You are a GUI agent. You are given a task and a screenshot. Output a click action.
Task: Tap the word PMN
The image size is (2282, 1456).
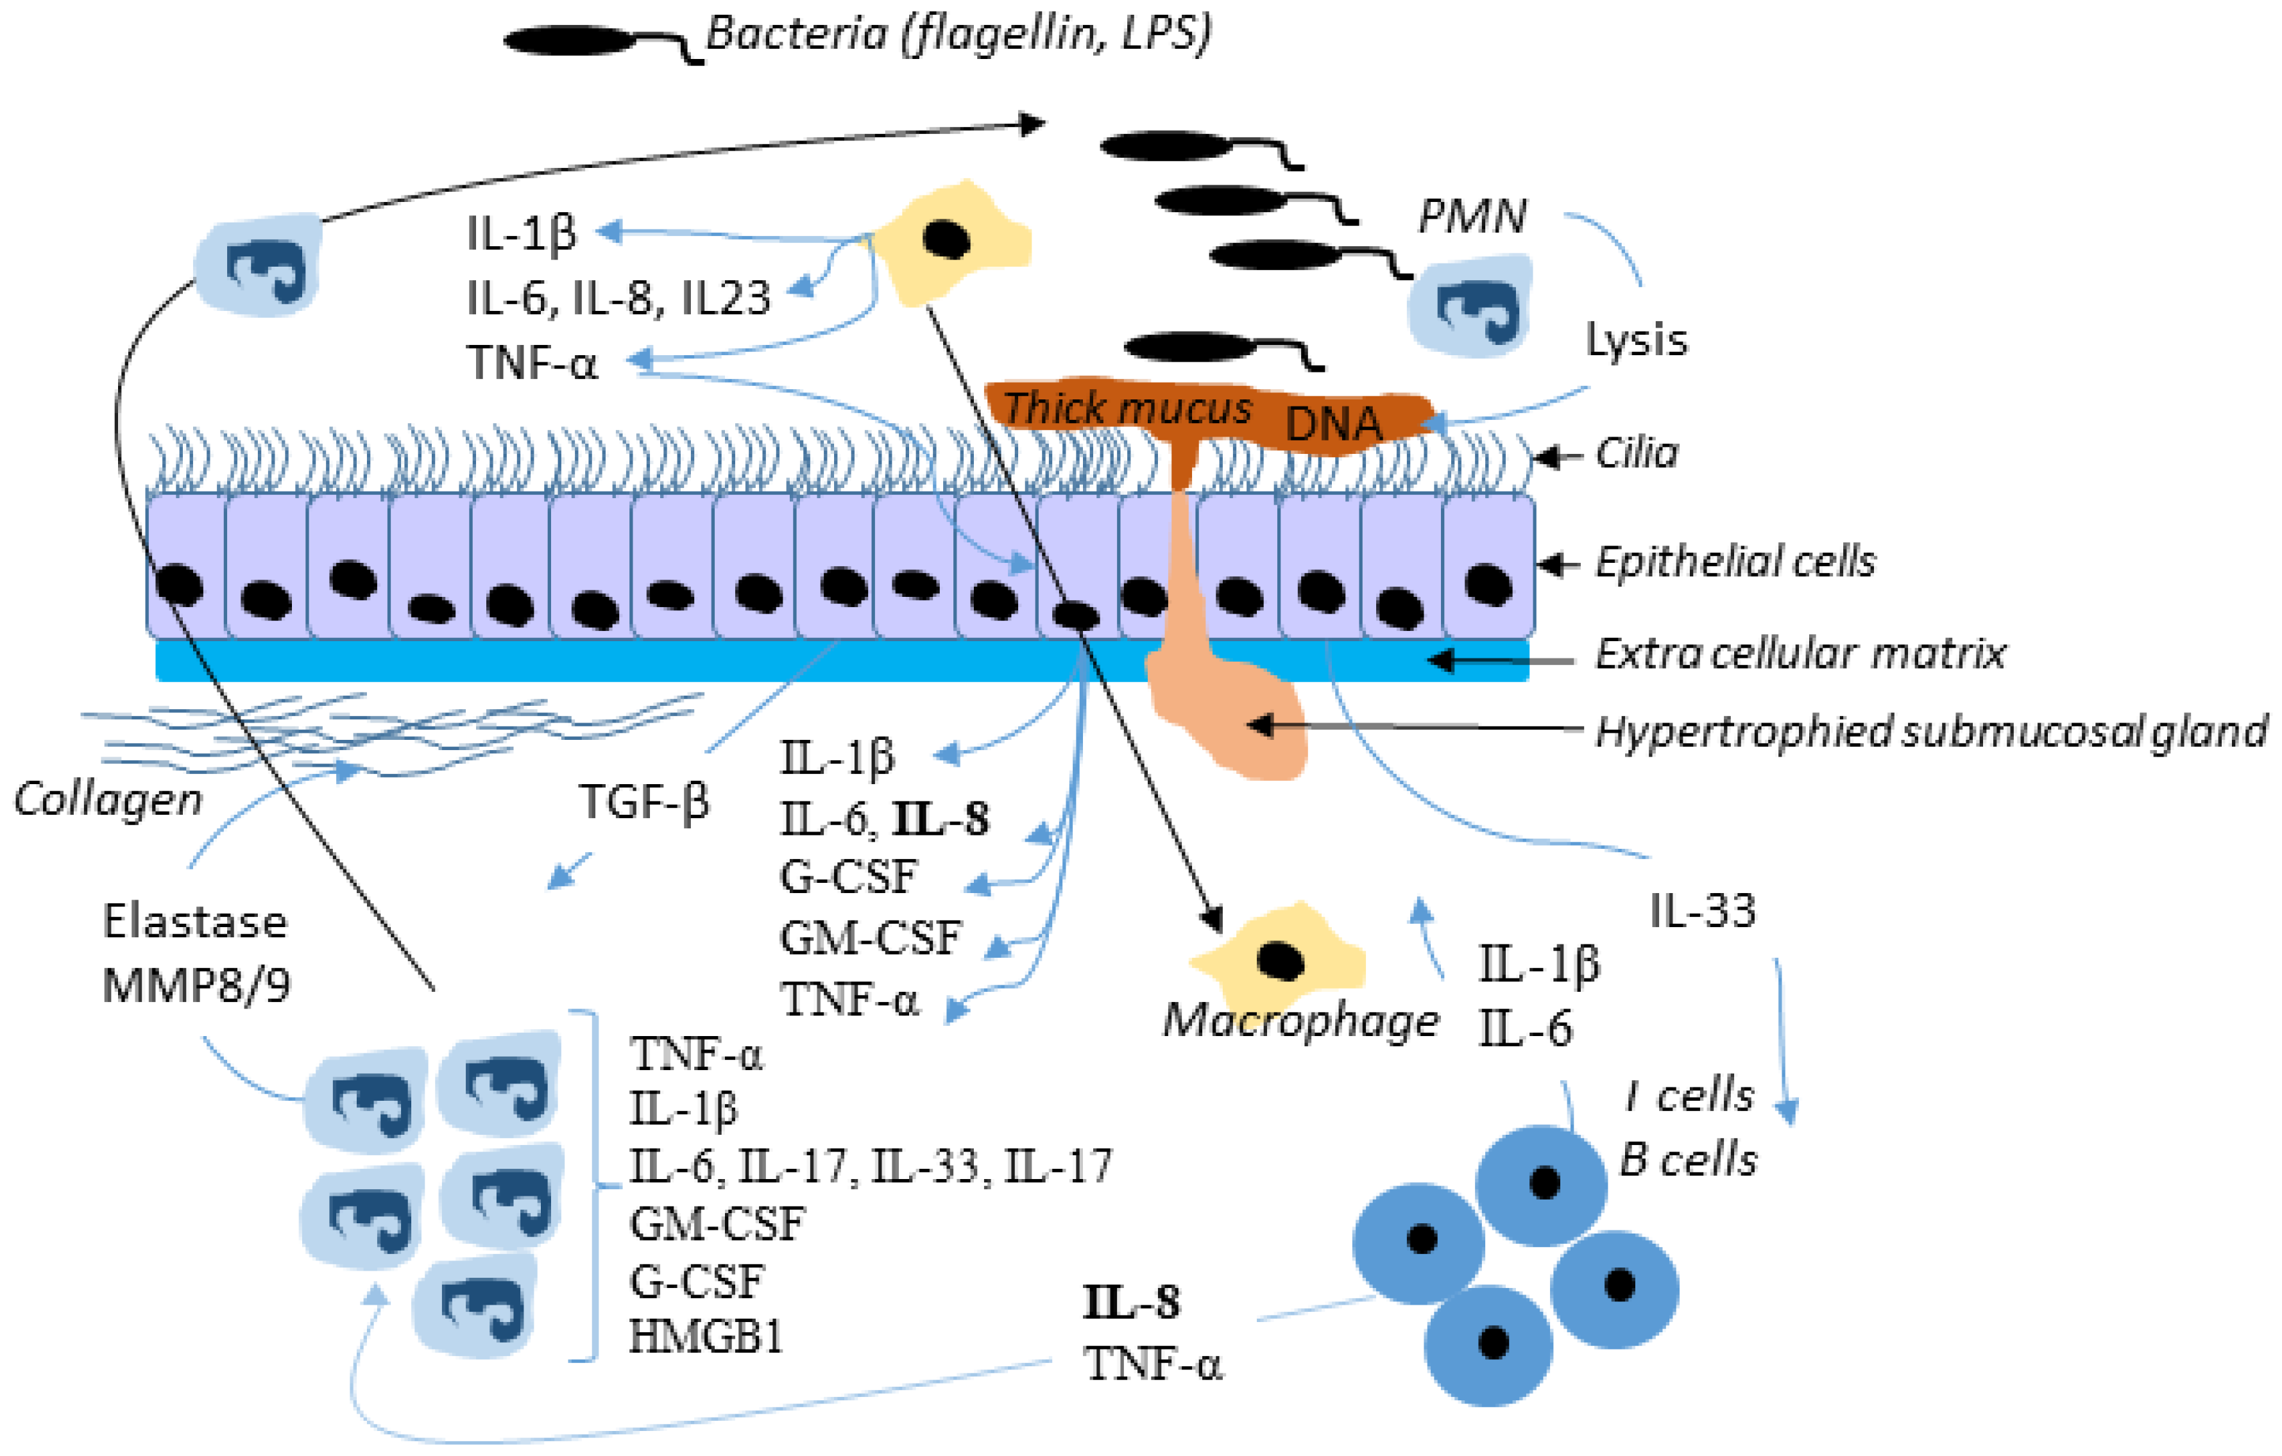pyautogui.click(x=1472, y=217)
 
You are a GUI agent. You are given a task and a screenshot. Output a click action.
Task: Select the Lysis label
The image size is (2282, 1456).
pyautogui.click(x=1637, y=339)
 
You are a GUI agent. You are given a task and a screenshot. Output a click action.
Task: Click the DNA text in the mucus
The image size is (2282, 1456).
pyautogui.click(x=1333, y=425)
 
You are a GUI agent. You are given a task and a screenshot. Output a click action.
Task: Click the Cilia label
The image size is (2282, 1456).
pyautogui.click(x=1637, y=454)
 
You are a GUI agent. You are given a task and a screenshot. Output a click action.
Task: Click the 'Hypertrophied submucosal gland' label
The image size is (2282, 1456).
pyautogui.click(x=1930, y=732)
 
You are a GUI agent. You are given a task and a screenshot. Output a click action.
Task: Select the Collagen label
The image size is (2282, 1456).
pyautogui.click(x=108, y=801)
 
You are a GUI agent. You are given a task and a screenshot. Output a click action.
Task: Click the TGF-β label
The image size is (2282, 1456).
pyautogui.click(x=644, y=802)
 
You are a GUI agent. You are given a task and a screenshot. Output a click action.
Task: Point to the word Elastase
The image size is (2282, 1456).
pyautogui.click(x=194, y=922)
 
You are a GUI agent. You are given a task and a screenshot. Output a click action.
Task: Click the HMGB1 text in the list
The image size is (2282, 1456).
pyautogui.click(x=706, y=1337)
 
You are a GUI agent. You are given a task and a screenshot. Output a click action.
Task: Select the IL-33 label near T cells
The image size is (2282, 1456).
pyautogui.click(x=1703, y=911)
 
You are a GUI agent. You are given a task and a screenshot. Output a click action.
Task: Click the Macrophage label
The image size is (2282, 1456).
pyautogui.click(x=1300, y=1021)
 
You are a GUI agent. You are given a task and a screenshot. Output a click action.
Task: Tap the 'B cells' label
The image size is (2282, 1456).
pyautogui.click(x=1689, y=1160)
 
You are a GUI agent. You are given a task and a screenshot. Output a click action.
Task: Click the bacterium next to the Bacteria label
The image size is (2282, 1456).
pyautogui.click(x=568, y=41)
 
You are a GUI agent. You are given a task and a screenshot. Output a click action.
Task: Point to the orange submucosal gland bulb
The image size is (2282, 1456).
pyautogui.click(x=1232, y=720)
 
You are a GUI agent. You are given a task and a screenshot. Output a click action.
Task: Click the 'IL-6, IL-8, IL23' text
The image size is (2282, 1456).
pyautogui.click(x=618, y=298)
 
